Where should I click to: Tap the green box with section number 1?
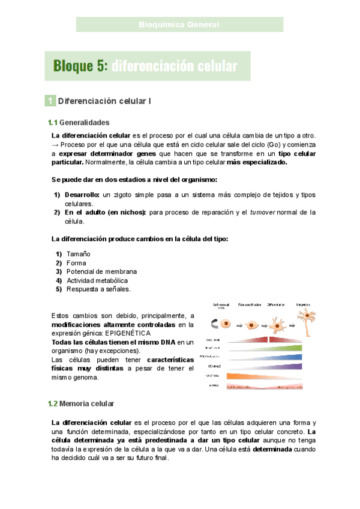51,101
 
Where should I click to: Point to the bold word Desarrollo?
82,195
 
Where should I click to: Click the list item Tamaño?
77,254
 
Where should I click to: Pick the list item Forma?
76,263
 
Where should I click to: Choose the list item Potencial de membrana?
101,271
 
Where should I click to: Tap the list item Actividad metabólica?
97,280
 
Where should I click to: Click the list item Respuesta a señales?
98,289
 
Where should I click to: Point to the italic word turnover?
266,212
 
